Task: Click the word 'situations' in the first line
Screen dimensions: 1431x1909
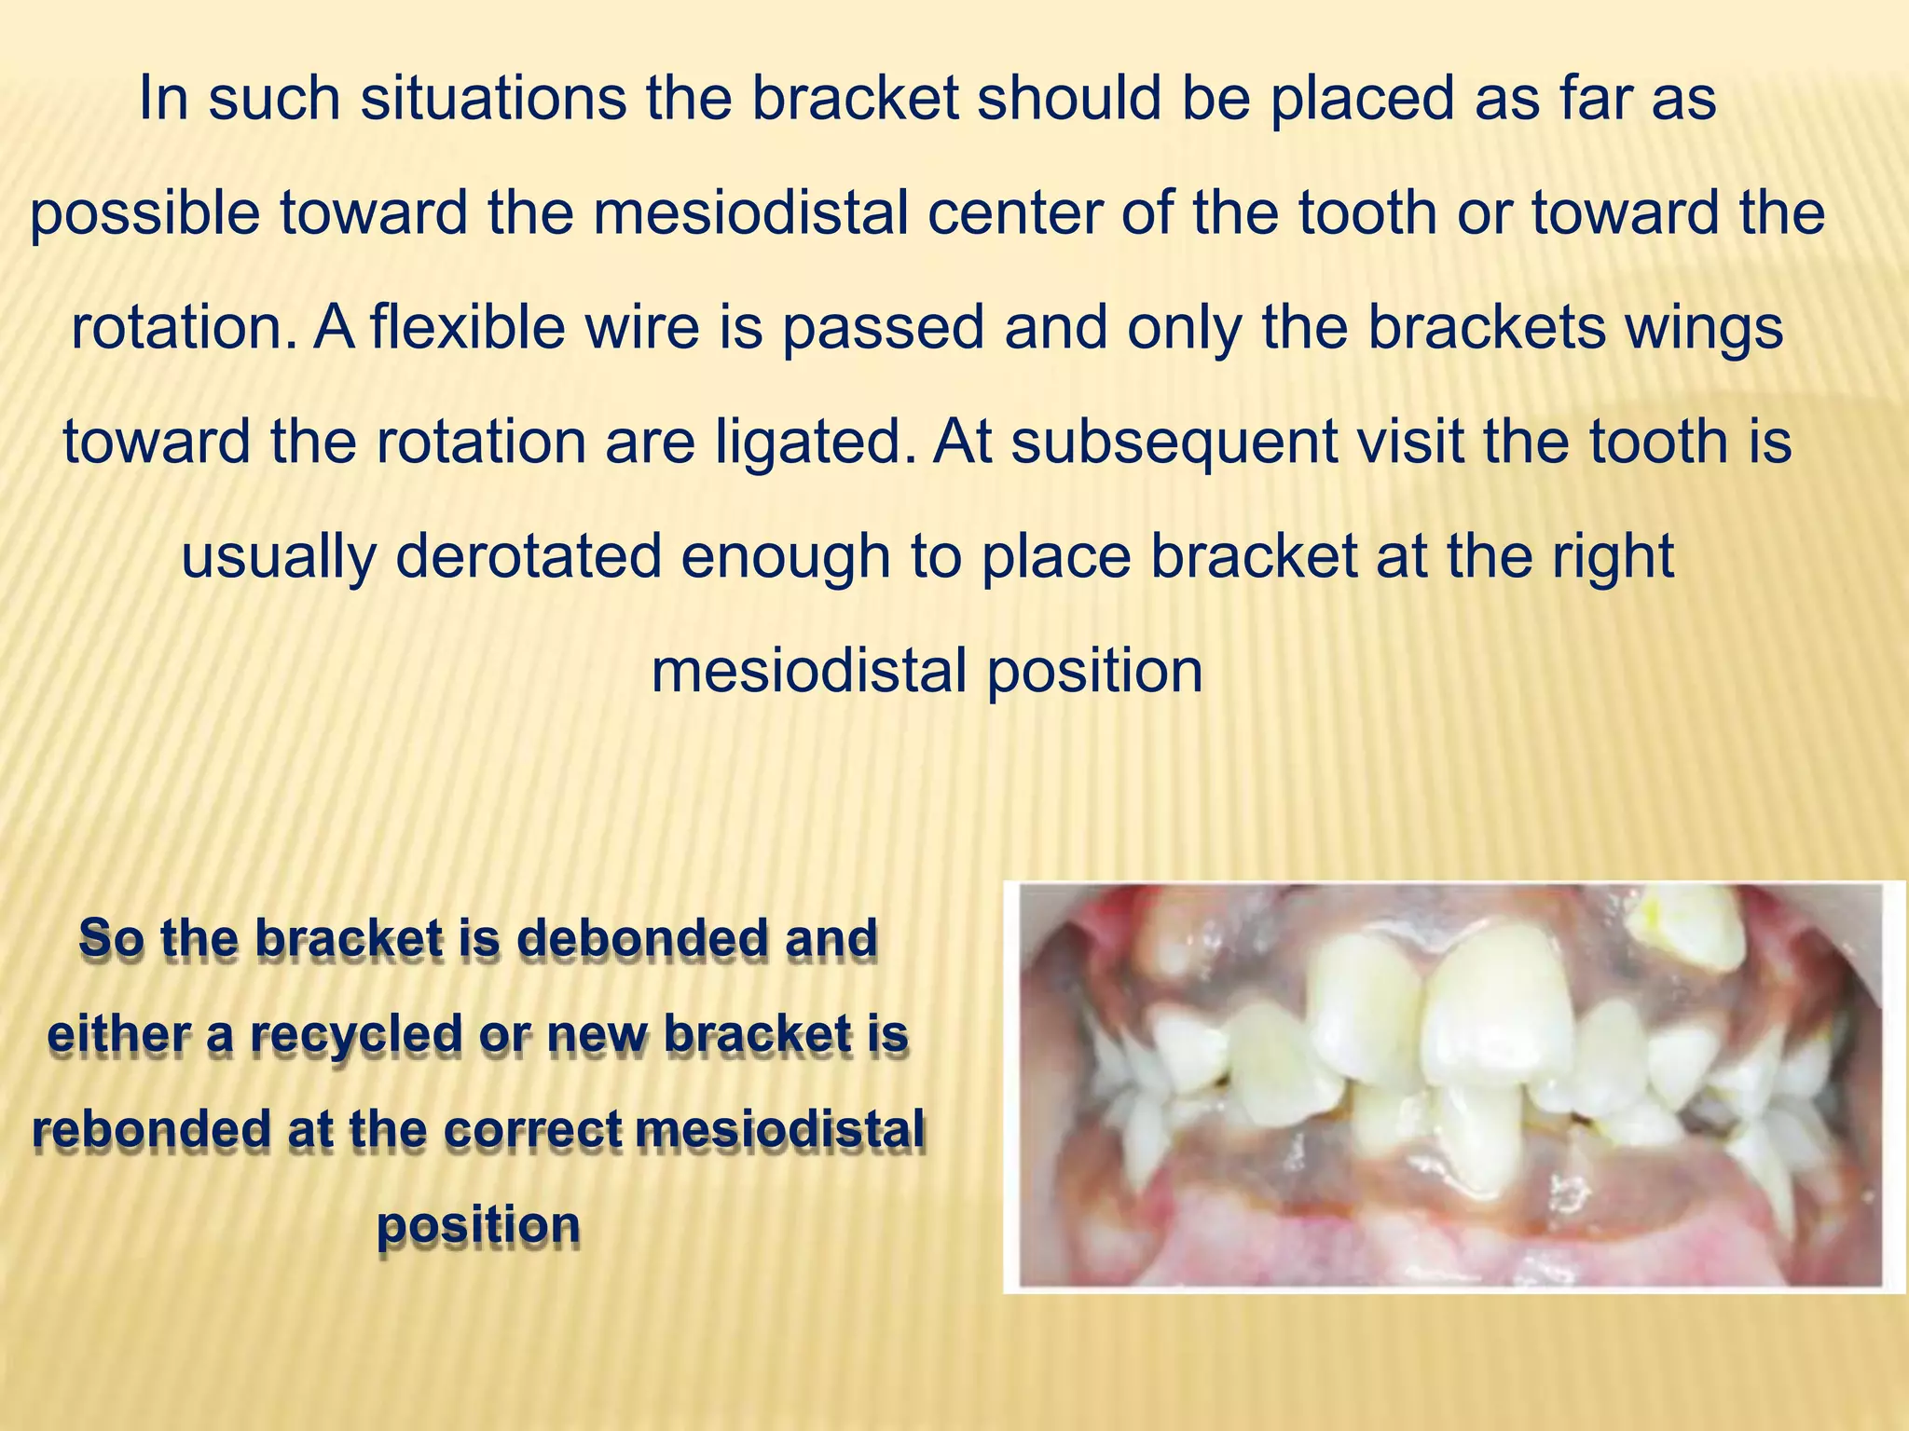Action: click(x=493, y=99)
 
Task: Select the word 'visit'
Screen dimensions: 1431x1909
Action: click(x=1411, y=443)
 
